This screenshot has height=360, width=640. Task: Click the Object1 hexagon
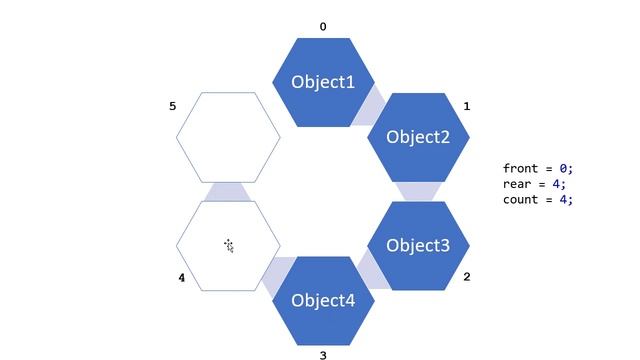point(323,82)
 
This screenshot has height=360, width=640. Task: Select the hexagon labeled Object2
point(418,137)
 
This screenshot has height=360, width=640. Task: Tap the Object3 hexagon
point(418,246)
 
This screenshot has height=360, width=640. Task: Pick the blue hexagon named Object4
point(323,300)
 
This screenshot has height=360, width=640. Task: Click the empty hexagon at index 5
point(229,137)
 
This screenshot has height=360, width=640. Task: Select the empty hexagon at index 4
point(229,246)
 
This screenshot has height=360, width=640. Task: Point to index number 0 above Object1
point(322,27)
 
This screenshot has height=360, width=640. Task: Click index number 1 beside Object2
point(467,106)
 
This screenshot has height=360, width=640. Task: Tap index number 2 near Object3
point(467,277)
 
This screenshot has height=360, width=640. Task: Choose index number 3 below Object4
point(322,355)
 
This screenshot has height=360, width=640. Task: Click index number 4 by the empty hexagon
point(181,278)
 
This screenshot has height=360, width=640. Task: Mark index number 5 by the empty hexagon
point(172,106)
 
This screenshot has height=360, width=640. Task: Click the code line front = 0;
point(538,169)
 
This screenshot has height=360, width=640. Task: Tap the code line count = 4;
point(538,199)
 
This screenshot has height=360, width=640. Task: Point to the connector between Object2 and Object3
point(418,191)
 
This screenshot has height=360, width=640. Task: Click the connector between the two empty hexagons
point(229,191)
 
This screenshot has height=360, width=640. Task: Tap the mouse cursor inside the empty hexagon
point(229,245)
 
